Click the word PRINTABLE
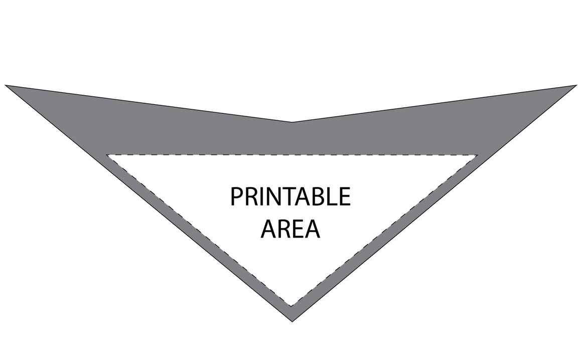(x=290, y=196)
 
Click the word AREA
(x=290, y=229)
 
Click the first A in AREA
(x=269, y=229)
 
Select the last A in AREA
(x=312, y=229)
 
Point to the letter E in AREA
(x=298, y=229)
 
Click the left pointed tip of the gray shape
(x=5, y=85)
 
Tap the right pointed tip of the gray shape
(x=576, y=85)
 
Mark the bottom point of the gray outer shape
(x=292, y=321)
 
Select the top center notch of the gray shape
(x=292, y=122)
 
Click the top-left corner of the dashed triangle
(x=106, y=154)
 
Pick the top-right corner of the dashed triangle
(x=478, y=155)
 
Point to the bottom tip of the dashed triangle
(x=292, y=306)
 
